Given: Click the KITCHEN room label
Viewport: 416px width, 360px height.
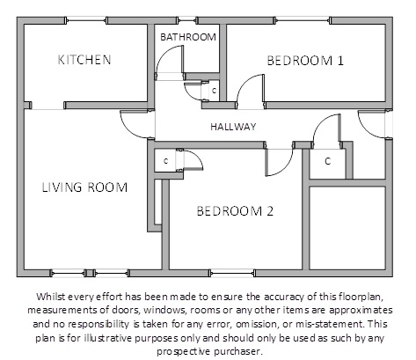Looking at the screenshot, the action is [84, 60].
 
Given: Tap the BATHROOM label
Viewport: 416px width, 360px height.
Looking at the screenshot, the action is [188, 37].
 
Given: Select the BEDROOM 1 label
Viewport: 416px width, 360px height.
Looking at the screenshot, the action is [305, 61].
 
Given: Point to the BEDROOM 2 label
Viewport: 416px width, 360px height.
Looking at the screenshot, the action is [235, 211].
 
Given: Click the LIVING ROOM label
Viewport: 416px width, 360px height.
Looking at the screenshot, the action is [84, 187].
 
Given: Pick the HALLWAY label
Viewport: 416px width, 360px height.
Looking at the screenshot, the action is [233, 127].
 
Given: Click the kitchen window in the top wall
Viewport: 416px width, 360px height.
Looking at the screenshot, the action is [85, 20].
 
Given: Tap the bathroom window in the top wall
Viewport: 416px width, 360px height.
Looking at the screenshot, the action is [187, 20].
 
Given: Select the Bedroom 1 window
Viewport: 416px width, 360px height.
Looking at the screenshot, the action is [303, 20].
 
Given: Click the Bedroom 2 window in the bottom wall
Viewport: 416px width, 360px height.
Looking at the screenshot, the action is [232, 273].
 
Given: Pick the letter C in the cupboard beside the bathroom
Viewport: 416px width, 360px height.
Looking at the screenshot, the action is [214, 91].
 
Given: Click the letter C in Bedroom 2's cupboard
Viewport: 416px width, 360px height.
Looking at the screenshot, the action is [166, 161].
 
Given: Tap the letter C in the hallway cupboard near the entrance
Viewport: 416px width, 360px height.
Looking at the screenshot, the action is [328, 161].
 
